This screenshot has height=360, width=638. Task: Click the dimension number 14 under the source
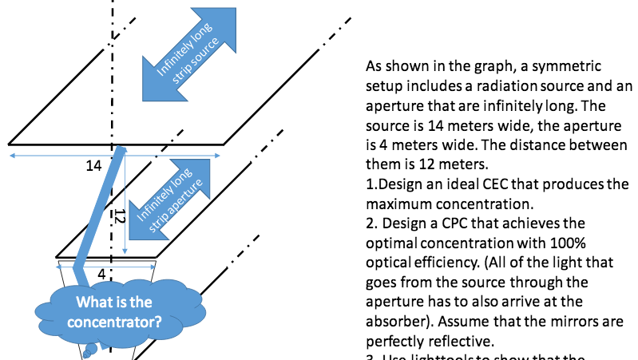[x=93, y=166]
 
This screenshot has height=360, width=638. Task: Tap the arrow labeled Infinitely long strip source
[x=181, y=62]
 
